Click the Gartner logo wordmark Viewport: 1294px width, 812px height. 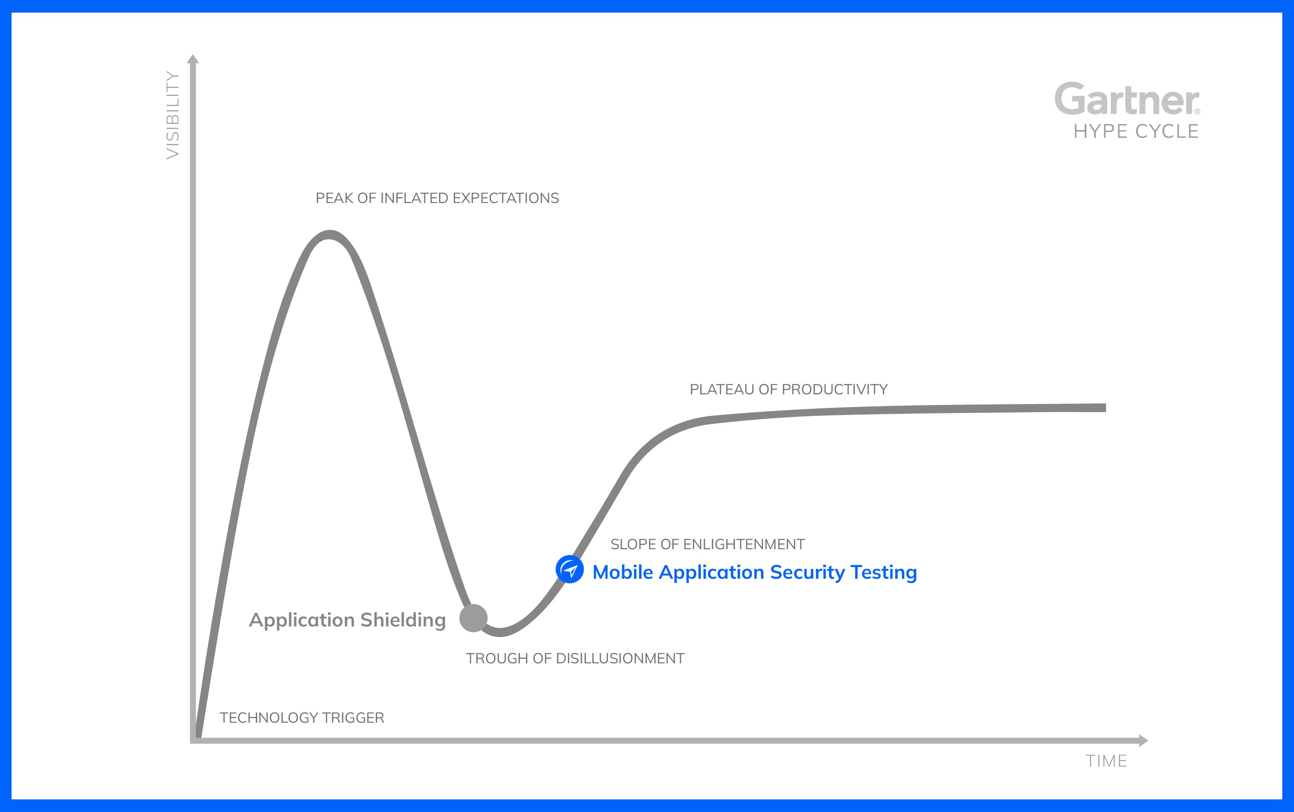(x=1126, y=99)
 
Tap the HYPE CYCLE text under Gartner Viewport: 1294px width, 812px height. (x=1136, y=132)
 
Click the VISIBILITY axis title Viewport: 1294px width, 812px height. (x=173, y=115)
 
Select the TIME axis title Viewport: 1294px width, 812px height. (x=1107, y=761)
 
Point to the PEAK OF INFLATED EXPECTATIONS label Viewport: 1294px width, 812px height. (x=437, y=198)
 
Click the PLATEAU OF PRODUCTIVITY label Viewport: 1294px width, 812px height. (x=789, y=389)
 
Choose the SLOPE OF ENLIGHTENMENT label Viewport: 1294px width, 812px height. (x=708, y=544)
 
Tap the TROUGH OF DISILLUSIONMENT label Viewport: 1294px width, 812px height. (x=575, y=658)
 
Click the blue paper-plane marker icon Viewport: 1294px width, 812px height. (x=570, y=569)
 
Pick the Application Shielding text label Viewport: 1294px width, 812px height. (x=347, y=620)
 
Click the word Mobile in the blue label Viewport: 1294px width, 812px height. (x=623, y=572)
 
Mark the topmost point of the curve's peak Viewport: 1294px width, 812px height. (x=329, y=235)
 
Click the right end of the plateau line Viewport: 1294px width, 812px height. (x=1105, y=408)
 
